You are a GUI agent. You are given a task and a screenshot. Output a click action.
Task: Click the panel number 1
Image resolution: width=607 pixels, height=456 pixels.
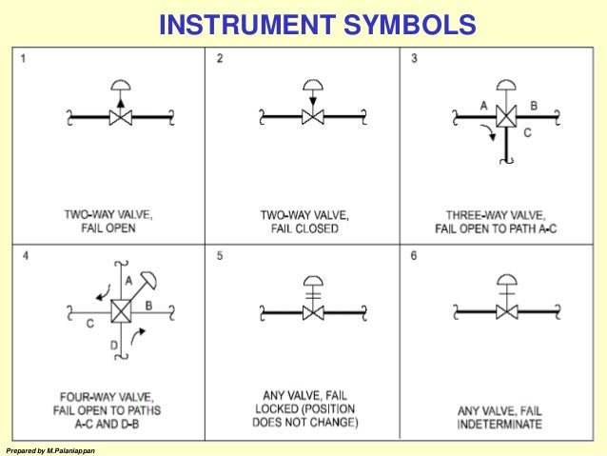23,59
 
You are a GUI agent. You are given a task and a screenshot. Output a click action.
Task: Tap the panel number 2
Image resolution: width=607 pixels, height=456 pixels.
220,59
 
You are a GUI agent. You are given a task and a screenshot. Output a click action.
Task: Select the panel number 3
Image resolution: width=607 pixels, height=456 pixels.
414,59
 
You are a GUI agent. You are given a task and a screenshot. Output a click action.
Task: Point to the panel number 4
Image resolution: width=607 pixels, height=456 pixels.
23,257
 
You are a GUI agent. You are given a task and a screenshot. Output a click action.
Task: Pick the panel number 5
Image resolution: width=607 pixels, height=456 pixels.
220,257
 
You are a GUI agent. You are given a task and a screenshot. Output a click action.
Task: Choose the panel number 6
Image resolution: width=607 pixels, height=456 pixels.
414,257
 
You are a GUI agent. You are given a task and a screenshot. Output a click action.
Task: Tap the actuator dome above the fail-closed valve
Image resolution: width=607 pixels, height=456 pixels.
312,83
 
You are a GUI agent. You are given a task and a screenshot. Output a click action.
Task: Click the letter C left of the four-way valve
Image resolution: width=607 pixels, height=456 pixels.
88,322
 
